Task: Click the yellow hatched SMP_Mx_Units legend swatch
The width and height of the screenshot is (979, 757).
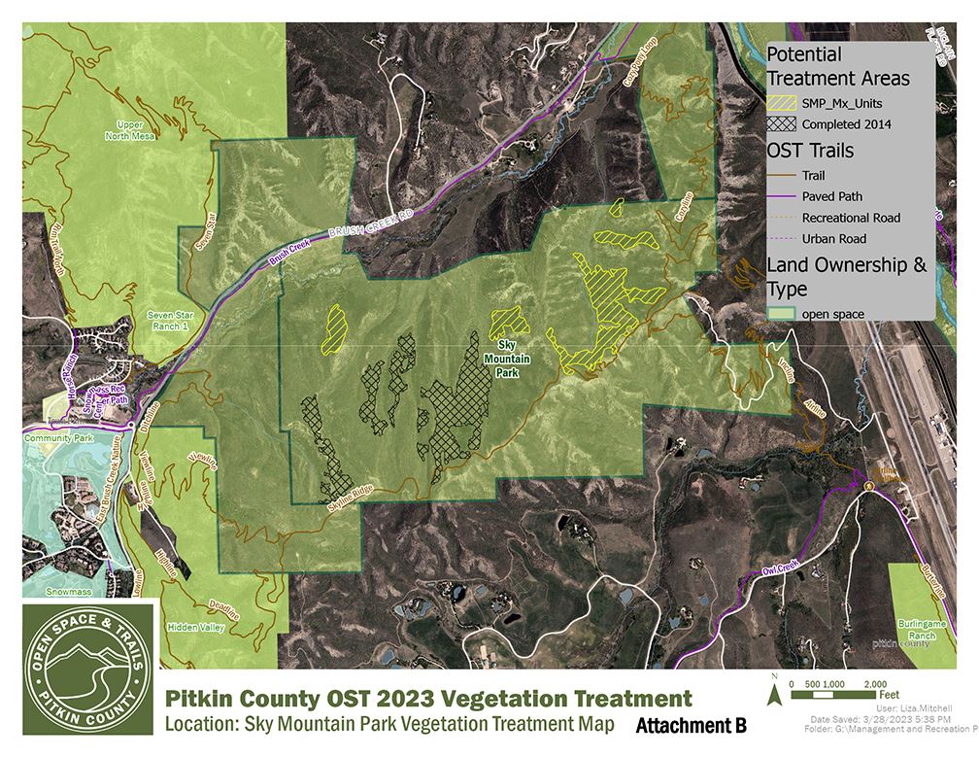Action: coord(781,102)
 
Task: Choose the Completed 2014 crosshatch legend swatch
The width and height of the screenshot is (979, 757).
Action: coord(781,124)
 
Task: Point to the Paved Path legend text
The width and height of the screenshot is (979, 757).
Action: coord(832,196)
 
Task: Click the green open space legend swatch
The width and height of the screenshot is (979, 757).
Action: coord(781,314)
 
